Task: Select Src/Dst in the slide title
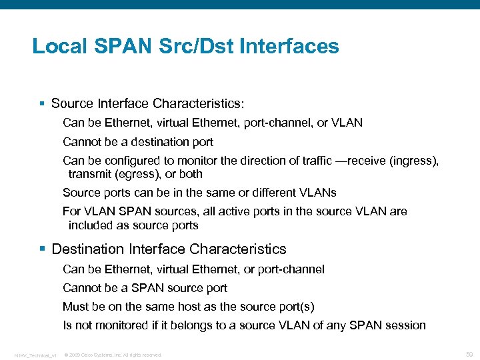(205, 47)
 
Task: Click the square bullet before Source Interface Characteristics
(42, 104)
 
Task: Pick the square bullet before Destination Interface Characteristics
(42, 249)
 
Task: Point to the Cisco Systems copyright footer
(113, 355)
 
